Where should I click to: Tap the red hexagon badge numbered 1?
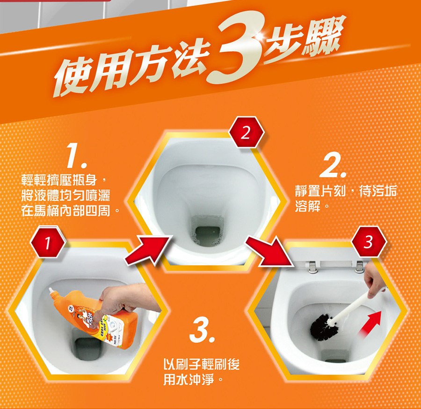click(48, 243)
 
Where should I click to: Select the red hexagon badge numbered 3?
click(369, 242)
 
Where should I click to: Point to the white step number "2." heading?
click(333, 166)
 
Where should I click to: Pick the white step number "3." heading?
click(202, 332)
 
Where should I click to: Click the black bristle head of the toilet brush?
click(322, 327)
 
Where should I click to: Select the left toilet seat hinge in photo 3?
click(312, 267)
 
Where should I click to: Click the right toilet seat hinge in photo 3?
click(360, 267)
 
